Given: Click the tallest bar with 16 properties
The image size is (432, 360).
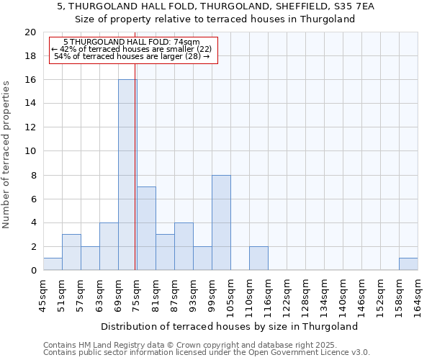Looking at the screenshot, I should click(x=127, y=175).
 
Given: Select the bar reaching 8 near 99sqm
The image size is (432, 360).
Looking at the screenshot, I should click(x=221, y=222).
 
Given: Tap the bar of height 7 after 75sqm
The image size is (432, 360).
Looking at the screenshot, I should click(x=146, y=228).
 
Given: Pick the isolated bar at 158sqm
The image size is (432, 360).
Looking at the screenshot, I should click(x=408, y=264).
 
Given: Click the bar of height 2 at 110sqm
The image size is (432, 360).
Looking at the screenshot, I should click(x=258, y=258).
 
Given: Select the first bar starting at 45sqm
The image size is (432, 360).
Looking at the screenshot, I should click(x=53, y=264).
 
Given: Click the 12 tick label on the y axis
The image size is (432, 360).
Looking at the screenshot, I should click(x=30, y=127).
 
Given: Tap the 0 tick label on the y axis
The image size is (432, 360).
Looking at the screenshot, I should click(x=32, y=271).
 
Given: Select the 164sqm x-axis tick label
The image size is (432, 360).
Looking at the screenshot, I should click(x=418, y=296).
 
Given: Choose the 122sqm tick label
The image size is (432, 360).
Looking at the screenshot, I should click(x=287, y=296).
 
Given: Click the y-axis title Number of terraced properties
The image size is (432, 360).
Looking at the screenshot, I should click(x=7, y=155).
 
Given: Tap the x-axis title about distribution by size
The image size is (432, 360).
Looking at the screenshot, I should click(x=229, y=326).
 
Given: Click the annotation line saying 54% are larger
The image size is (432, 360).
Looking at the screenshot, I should click(x=132, y=56).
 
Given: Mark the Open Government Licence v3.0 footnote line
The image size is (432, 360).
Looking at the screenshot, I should click(x=207, y=353).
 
